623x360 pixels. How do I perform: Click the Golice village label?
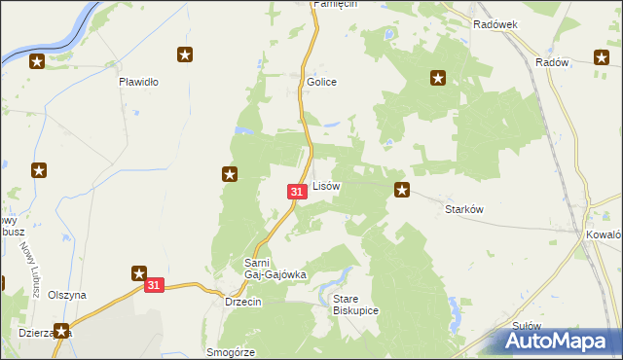pyautogui.click(x=321, y=82)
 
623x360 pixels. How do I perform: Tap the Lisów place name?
pyautogui.click(x=325, y=185)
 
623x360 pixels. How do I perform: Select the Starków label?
pyautogui.click(x=464, y=209)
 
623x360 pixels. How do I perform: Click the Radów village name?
pyautogui.click(x=551, y=61)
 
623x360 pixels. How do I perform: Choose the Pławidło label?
pyautogui.click(x=138, y=82)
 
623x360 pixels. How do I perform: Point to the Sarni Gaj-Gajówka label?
pyautogui.click(x=275, y=269)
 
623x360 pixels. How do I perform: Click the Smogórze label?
pyautogui.click(x=231, y=352)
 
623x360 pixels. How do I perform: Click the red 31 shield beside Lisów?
pyautogui.click(x=296, y=194)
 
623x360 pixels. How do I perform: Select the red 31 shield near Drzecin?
pyautogui.click(x=155, y=286)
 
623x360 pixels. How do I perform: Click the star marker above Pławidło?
pyautogui.click(x=185, y=54)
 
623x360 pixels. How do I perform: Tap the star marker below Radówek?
pyautogui.click(x=438, y=78)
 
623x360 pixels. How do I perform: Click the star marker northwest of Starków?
pyautogui.click(x=401, y=189)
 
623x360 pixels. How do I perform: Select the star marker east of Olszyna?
pyautogui.click(x=138, y=274)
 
